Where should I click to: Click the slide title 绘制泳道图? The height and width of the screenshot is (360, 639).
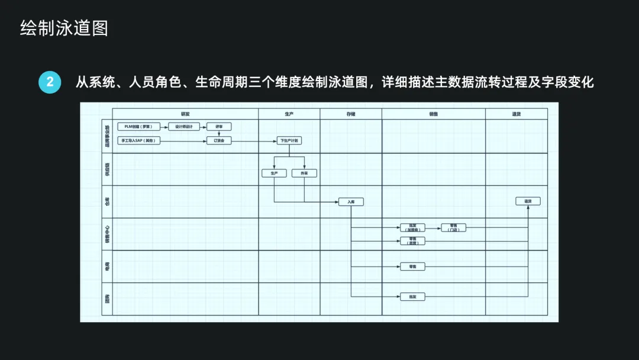[64, 28]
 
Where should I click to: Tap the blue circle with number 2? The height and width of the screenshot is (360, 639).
[50, 82]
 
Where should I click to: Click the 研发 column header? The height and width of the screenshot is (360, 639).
[185, 114]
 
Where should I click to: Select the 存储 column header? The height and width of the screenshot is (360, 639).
[351, 114]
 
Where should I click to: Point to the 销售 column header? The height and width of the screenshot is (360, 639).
[433, 114]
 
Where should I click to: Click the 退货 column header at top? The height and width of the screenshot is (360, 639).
[517, 114]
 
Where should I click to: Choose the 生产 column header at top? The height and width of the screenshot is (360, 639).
[289, 114]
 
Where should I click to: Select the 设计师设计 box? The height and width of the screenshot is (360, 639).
[185, 127]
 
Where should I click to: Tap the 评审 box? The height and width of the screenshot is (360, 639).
[219, 127]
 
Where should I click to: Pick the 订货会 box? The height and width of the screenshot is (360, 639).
[219, 141]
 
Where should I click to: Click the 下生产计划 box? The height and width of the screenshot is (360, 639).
[289, 141]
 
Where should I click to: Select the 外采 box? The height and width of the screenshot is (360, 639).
[304, 173]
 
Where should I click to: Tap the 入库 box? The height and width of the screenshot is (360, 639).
[351, 202]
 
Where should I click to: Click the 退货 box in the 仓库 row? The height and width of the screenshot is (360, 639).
[528, 201]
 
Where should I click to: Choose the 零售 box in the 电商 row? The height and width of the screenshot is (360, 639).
[412, 267]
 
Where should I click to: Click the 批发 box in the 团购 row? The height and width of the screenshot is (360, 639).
[412, 297]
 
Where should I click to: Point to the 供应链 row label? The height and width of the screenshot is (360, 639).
[107, 169]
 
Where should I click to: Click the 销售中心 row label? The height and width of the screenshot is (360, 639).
[107, 234]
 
